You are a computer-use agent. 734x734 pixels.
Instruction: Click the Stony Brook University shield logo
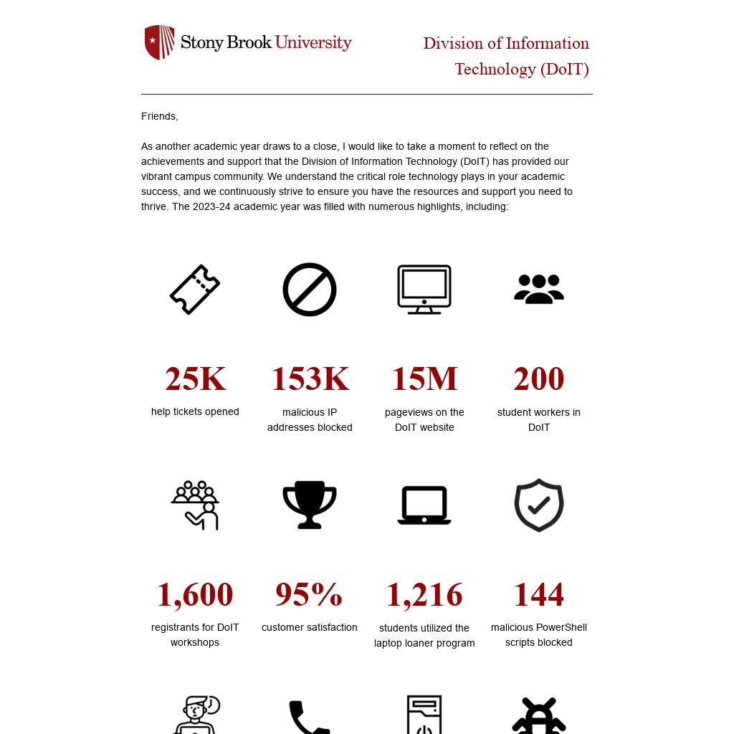tap(159, 42)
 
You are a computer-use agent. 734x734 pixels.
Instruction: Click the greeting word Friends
tap(159, 116)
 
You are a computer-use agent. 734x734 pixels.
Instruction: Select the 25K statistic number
tap(195, 378)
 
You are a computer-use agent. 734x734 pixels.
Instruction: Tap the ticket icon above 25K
tap(195, 290)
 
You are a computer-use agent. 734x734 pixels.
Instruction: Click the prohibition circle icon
tap(310, 290)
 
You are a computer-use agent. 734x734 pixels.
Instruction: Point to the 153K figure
tap(310, 378)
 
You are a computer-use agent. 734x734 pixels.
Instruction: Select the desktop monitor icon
tap(424, 290)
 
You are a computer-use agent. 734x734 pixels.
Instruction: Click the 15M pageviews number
tap(424, 378)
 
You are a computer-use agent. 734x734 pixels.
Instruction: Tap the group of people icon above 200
tap(539, 290)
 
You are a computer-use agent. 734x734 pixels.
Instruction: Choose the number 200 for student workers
tap(539, 378)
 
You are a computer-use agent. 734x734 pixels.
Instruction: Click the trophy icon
tap(310, 505)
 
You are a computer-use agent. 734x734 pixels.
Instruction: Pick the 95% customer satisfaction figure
tap(309, 594)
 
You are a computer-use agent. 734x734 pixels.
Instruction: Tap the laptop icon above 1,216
tap(424, 505)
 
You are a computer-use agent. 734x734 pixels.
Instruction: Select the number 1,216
tap(424, 595)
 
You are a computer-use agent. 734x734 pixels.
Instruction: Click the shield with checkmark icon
tap(539, 505)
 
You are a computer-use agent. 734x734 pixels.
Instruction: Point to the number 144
tap(539, 594)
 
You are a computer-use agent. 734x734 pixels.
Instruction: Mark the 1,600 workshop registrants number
tap(195, 594)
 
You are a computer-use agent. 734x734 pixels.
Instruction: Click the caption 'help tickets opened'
tap(195, 411)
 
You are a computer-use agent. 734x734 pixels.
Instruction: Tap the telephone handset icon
tap(309, 718)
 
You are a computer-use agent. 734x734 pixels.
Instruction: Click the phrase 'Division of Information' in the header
tap(506, 44)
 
